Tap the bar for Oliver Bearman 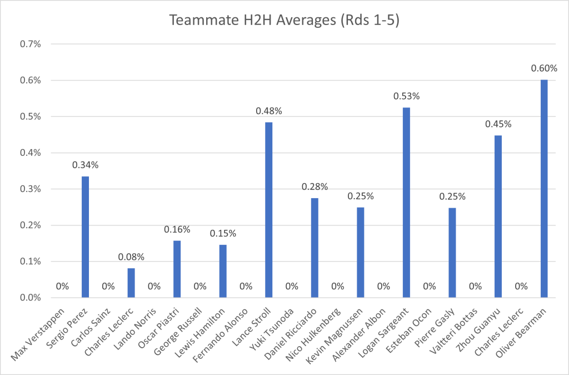(x=544, y=189)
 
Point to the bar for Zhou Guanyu (x=498, y=216)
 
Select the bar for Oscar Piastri (x=177, y=269)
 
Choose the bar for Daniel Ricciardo (x=315, y=248)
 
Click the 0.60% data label (x=544, y=68)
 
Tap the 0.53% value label (x=406, y=96)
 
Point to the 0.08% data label (x=131, y=257)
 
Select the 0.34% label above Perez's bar (x=85, y=165)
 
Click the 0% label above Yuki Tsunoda (x=292, y=287)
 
